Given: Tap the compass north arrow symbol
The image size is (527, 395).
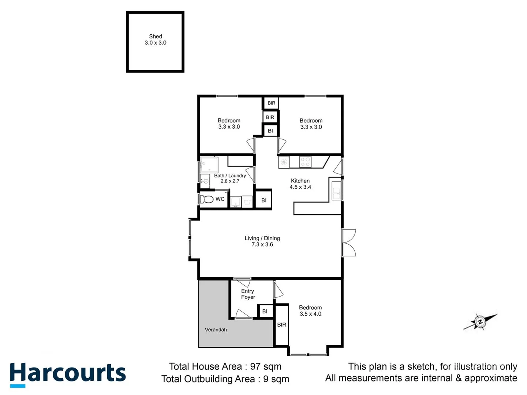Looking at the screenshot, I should pos(480,322).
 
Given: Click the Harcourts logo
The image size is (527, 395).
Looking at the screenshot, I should pos(68,374).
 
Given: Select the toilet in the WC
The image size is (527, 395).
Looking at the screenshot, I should pos(207,199).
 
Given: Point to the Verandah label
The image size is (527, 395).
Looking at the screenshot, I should pos(216,330).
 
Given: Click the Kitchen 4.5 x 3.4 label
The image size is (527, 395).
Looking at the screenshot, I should pos(300,184).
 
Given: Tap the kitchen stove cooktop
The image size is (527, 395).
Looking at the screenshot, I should pos(305,162).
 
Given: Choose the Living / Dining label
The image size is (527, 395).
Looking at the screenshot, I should pos(262,241).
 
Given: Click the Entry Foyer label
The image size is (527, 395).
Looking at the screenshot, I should pos(248,294).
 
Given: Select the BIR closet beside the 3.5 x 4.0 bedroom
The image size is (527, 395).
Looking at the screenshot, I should pos(281,325).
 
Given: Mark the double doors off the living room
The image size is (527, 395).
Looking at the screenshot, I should pos(349,243).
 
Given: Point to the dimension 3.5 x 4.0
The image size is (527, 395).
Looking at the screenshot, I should pos(310,314).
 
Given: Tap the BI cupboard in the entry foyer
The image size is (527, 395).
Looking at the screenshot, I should pos(265,311).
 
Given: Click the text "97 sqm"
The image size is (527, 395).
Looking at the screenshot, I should pos(266,366).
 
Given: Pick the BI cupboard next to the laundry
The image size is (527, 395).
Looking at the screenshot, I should pos(263,200).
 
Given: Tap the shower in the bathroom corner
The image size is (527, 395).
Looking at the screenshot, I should pos(209,165).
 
